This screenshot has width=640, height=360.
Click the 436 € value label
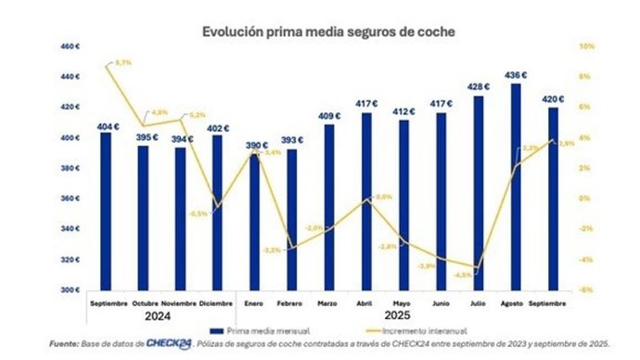pyautogui.click(x=516, y=75)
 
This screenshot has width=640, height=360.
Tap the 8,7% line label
pyautogui.click(x=122, y=62)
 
